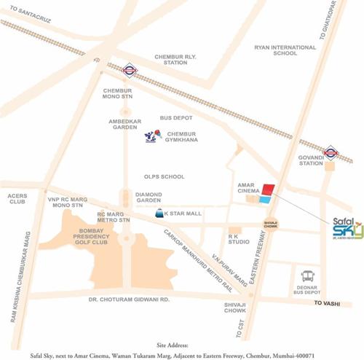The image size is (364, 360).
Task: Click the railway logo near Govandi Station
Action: click(332, 153)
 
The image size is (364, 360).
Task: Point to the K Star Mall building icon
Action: click(157, 214)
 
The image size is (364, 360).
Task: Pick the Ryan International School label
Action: click(285, 52)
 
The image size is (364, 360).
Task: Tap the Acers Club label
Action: click(17, 200)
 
